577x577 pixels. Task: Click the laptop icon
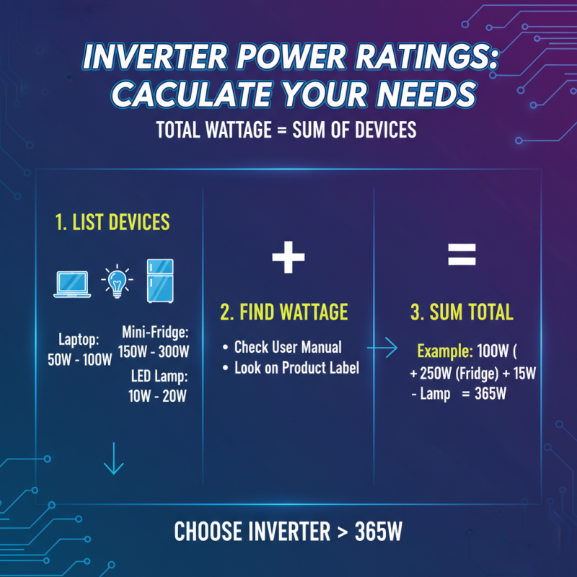tap(72, 284)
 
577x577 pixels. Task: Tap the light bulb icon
tap(115, 281)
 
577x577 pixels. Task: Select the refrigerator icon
tap(159, 280)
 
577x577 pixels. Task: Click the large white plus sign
tap(288, 256)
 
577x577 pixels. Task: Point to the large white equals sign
tap(462, 254)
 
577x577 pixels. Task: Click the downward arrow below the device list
tap(113, 459)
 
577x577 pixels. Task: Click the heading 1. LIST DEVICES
tap(113, 222)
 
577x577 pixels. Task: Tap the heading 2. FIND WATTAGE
tap(283, 312)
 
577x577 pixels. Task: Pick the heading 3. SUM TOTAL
tap(462, 312)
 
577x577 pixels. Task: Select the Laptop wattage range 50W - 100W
tap(79, 360)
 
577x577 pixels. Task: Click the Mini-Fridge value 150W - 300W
tap(153, 352)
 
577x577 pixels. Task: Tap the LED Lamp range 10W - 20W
tap(159, 395)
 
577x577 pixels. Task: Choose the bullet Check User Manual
tap(288, 348)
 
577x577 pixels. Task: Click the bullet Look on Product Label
tap(296, 368)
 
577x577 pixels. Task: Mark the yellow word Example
tap(443, 353)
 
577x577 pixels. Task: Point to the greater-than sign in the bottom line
tap(343, 532)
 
